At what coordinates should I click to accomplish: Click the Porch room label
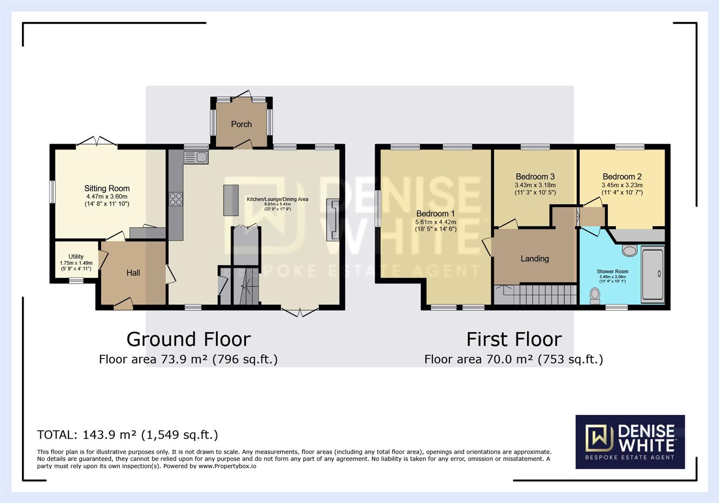241,124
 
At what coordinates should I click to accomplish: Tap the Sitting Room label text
107,189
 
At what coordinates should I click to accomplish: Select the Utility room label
76,257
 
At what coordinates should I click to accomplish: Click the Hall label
133,273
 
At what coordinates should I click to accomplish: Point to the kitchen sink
196,157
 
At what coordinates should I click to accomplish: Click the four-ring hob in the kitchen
176,199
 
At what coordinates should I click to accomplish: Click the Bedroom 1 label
435,214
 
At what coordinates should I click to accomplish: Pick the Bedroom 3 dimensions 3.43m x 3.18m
535,185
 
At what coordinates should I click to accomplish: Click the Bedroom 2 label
622,177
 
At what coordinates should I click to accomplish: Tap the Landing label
535,259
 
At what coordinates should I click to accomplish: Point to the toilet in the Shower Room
595,295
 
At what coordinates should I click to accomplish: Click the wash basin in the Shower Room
630,251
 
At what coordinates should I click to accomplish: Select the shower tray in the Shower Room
653,274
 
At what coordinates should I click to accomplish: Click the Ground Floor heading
189,339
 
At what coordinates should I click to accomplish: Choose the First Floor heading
514,339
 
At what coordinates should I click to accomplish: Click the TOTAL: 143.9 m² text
127,435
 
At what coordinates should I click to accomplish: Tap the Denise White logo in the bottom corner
630,442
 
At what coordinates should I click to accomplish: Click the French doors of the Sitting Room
96,142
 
